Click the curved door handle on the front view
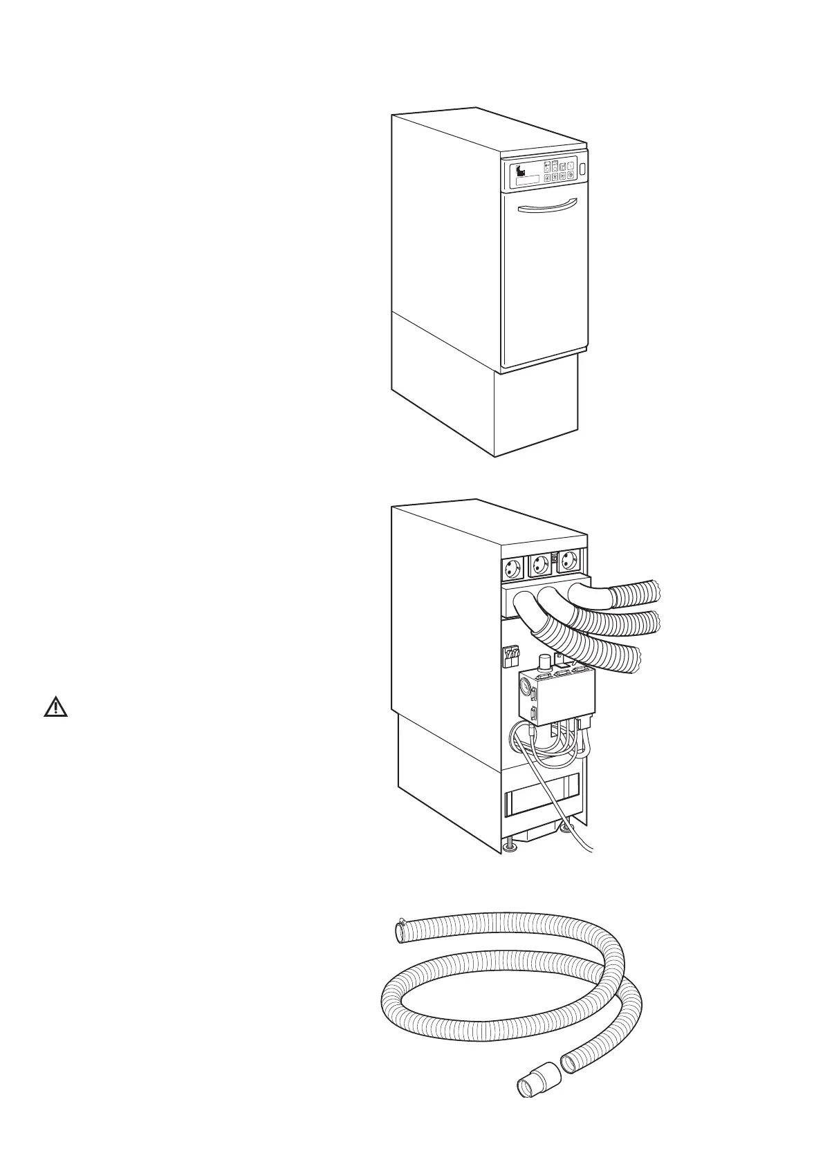[546, 205]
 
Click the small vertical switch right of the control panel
[582, 169]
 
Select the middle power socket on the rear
[541, 566]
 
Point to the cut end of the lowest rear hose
[636, 659]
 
